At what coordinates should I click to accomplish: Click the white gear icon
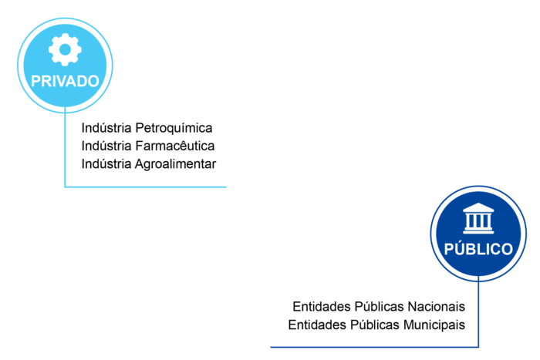(x=65, y=49)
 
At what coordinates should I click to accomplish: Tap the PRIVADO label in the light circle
(x=65, y=81)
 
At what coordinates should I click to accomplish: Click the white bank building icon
(x=478, y=218)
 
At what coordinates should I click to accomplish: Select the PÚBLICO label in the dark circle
(x=478, y=248)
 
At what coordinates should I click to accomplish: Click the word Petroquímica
(x=174, y=129)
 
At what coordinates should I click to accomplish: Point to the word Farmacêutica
(x=175, y=146)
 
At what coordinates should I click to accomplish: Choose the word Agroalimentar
(x=175, y=164)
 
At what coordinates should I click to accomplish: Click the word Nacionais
(x=437, y=306)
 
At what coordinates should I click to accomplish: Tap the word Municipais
(x=434, y=325)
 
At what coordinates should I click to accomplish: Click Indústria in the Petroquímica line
(x=106, y=128)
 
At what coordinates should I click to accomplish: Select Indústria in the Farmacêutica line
(x=106, y=146)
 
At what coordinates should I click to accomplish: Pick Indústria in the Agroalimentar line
(x=106, y=164)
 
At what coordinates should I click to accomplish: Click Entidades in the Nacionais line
(x=322, y=306)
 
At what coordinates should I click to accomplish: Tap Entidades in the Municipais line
(x=317, y=325)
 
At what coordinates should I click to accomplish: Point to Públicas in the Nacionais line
(x=380, y=306)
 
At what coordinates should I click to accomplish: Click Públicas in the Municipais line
(x=375, y=325)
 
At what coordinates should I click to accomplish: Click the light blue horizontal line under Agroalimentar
(x=146, y=187)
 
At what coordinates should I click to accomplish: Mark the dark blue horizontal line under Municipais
(x=374, y=347)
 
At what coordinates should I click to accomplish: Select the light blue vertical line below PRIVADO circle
(x=65, y=147)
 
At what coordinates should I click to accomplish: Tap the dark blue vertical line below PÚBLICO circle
(x=478, y=311)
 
